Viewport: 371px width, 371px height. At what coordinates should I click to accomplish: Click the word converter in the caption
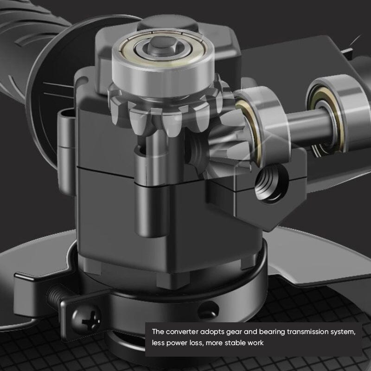click(182, 332)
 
